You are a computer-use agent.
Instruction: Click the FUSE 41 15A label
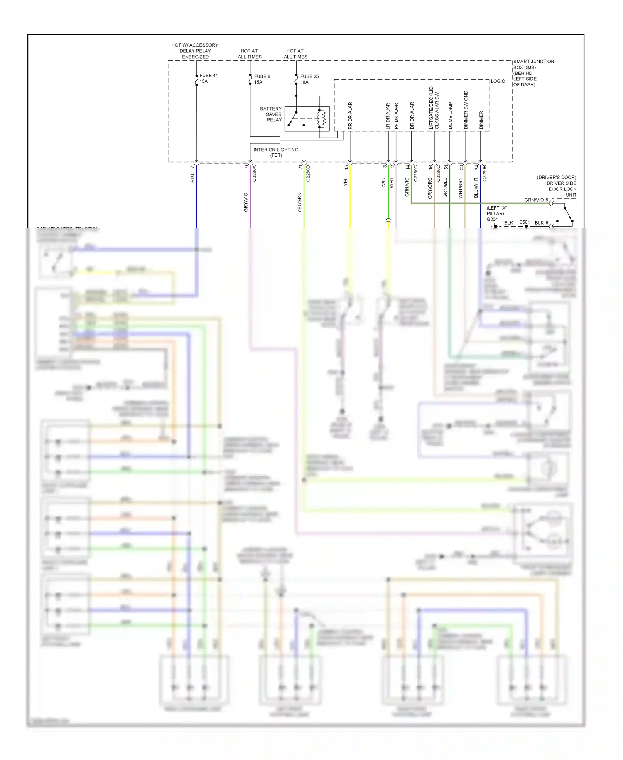coord(208,79)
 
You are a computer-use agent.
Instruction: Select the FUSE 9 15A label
coord(262,79)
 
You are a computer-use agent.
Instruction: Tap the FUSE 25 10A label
coord(309,79)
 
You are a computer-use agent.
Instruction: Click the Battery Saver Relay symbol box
coord(307,119)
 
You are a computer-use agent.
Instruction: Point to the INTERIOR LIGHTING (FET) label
coord(276,153)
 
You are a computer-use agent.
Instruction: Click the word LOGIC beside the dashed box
coord(498,81)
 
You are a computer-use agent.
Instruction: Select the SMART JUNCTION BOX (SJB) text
coord(533,64)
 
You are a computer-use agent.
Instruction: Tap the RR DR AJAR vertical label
coord(350,116)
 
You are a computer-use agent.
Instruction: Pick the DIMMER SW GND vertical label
coord(466,110)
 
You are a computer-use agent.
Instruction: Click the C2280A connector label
coord(255,173)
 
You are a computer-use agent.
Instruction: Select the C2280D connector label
coord(308,173)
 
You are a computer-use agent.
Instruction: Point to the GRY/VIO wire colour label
coord(246,202)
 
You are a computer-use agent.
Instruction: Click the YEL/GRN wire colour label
coord(299,202)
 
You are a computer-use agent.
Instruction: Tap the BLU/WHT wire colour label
coord(476,188)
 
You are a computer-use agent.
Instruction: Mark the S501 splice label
coord(524,222)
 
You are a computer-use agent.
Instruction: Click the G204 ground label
coord(492,220)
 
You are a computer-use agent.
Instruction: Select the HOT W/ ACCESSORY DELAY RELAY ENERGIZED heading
coord(195,51)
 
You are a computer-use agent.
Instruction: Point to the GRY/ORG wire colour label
coord(430,188)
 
